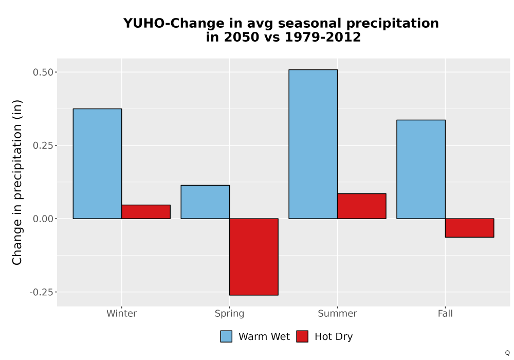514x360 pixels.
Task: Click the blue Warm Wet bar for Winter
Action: [x=97, y=164]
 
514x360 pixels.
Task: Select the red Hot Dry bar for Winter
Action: [x=146, y=212]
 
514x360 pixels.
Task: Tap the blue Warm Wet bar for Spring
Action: [x=205, y=202]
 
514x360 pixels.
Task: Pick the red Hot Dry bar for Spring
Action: [x=254, y=257]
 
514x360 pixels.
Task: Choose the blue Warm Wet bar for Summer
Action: [x=313, y=144]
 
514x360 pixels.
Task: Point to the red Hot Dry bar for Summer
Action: [x=361, y=206]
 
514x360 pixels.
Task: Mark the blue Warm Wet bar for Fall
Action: [x=421, y=169]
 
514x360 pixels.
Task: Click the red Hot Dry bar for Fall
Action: [x=469, y=228]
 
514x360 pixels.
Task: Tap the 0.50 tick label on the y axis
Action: [x=43, y=72]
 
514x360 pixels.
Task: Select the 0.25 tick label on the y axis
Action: [x=43, y=145]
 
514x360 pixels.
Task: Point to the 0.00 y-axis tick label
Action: [x=43, y=219]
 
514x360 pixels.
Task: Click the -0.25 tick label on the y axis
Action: [x=41, y=292]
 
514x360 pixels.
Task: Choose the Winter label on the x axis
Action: [x=122, y=313]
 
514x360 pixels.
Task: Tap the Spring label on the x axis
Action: [x=229, y=314]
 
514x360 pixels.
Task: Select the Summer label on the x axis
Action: [x=337, y=313]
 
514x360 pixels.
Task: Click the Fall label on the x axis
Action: [x=445, y=313]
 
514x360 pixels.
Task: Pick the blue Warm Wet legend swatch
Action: [x=226, y=336]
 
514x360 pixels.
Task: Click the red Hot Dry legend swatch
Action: [x=302, y=336]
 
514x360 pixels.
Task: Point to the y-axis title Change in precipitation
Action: [x=17, y=182]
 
